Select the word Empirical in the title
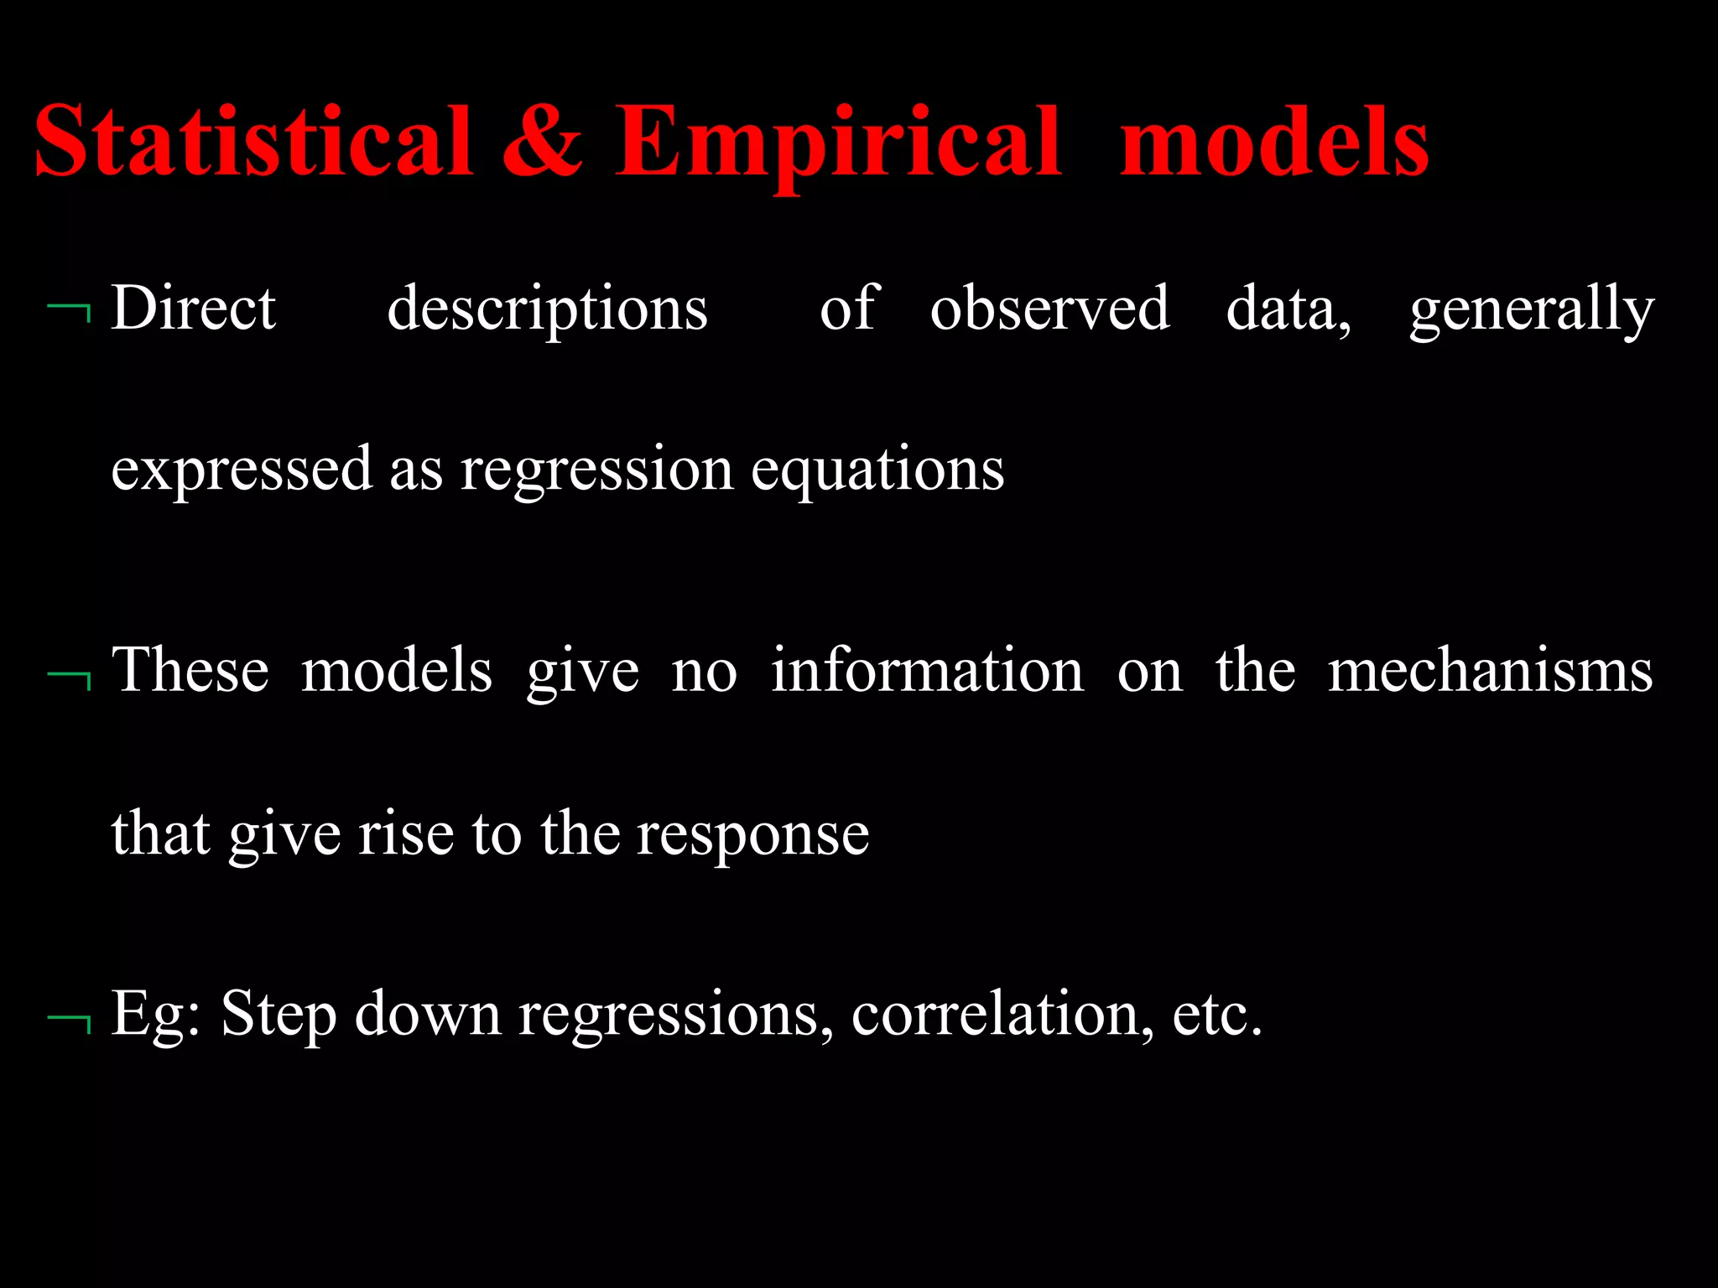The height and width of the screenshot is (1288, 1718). tap(838, 143)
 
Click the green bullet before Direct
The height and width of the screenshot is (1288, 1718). tap(70, 313)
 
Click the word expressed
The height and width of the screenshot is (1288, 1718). tap(242, 470)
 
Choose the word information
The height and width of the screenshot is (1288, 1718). tap(927, 670)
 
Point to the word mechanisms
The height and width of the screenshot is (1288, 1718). tap(1490, 670)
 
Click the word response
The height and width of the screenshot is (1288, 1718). tap(752, 835)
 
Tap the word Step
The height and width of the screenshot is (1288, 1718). tap(279, 1015)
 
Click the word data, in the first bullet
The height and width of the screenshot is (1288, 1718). tap(1288, 309)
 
